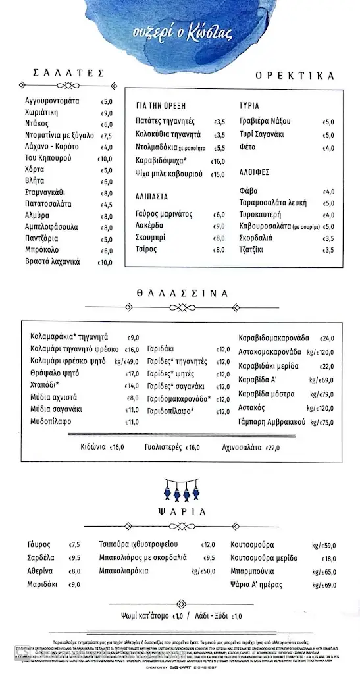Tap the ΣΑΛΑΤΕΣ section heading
point(68,73)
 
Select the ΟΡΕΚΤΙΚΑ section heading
point(290,76)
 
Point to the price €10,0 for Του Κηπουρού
point(105,159)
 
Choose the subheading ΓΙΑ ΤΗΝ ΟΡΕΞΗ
point(161,105)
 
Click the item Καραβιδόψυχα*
point(161,161)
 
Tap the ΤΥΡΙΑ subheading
point(249,105)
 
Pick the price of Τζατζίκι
point(330,250)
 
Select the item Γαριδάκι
point(161,349)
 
